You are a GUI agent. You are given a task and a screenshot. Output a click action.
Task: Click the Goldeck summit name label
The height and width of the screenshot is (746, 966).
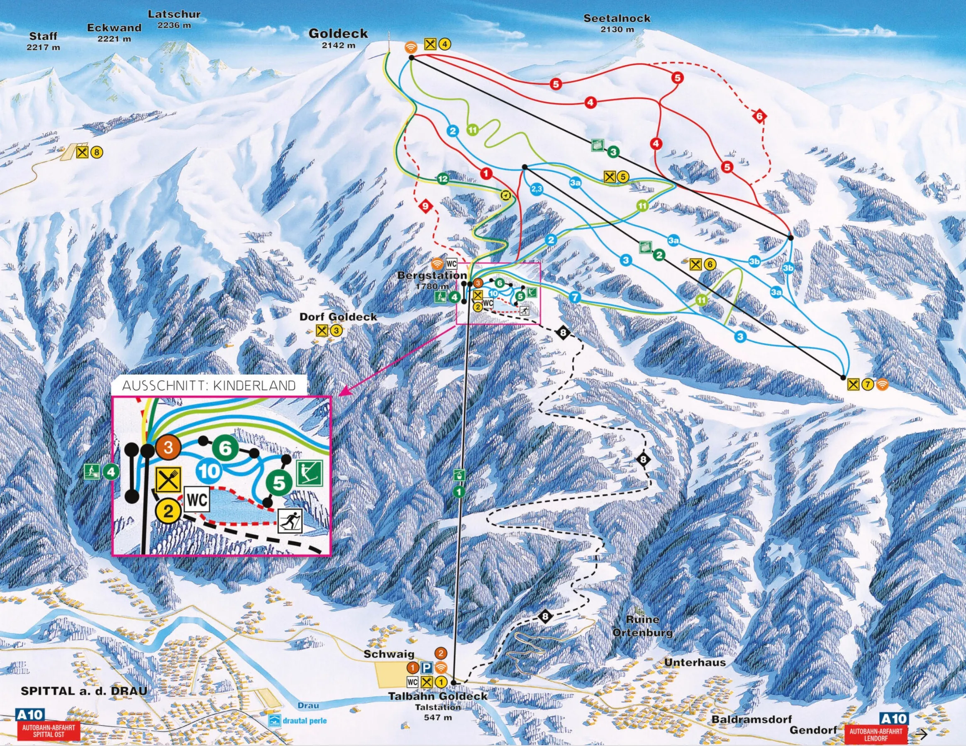click(338, 34)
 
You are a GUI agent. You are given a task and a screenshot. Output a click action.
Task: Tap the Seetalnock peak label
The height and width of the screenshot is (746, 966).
click(617, 19)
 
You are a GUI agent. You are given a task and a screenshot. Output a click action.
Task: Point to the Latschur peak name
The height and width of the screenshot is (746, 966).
click(174, 14)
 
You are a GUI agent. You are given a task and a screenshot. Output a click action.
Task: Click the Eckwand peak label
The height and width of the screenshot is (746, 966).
click(114, 28)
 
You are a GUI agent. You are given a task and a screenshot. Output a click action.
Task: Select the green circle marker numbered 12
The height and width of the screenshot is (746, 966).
click(443, 179)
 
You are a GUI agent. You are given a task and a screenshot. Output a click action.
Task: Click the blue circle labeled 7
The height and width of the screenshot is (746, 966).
click(574, 297)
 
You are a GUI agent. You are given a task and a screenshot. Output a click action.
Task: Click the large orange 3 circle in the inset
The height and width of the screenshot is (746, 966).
click(168, 448)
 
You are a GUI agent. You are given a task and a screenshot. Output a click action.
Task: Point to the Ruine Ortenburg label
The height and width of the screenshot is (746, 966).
click(642, 626)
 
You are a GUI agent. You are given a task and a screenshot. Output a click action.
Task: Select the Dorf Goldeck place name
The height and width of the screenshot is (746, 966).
click(338, 317)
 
